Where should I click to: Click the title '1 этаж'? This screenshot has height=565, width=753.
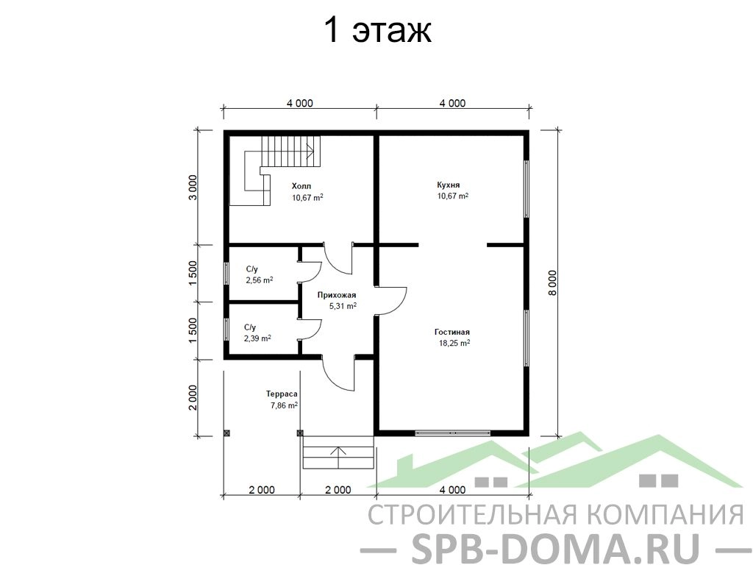pos(378,31)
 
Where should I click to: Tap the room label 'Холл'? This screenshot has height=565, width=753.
pos(301,186)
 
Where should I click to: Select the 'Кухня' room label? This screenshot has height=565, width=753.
pos(449,185)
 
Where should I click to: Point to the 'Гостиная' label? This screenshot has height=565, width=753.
pos(452,332)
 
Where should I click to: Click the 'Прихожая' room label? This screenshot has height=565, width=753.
pos(337,295)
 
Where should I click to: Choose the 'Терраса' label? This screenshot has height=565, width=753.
pos(282,394)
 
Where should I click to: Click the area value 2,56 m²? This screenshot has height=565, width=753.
pos(260,280)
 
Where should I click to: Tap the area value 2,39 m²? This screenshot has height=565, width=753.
pos(257,338)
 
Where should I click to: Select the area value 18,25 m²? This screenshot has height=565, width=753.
pos(454,343)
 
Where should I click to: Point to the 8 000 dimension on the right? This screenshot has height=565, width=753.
pos(552,283)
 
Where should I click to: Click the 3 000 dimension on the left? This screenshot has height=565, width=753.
pos(193,188)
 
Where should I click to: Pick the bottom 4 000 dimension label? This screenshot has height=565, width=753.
pos(452,490)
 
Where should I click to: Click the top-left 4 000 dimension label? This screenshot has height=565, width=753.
pos(300,103)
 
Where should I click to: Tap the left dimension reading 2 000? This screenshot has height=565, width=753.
pos(193,398)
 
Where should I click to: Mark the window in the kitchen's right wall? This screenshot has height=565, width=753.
pos(527,189)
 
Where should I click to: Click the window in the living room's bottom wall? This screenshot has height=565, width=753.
pos(452,433)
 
